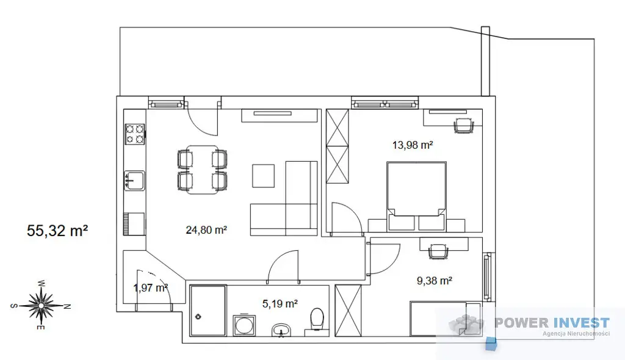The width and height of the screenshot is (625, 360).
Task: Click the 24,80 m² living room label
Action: click(206, 230)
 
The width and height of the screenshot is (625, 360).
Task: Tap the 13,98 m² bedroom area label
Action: click(413, 145)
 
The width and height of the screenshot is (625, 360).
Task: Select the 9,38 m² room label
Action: click(434, 281)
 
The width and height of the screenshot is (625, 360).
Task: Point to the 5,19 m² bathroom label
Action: click(280, 304)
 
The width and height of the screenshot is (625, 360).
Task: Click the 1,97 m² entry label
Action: click(150, 287)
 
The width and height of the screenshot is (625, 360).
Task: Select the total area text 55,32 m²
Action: click(57, 231)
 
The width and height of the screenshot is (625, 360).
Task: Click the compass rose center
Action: click(41, 305)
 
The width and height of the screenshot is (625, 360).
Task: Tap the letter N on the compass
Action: click(67, 306)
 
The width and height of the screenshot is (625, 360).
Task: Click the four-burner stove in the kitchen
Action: click(135, 134)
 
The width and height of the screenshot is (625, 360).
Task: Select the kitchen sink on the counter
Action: click(134, 181)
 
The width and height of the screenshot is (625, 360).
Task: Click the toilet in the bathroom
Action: click(317, 319)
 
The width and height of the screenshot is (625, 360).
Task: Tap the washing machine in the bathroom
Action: click(244, 325)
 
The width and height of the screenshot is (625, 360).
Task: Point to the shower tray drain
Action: click(198, 317)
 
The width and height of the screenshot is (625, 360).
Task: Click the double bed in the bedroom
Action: click(416, 196)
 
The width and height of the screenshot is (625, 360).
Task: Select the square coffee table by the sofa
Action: click(263, 176)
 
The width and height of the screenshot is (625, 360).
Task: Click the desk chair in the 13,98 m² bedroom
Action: click(464, 126)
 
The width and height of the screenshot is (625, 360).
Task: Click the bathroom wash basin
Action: click(283, 329)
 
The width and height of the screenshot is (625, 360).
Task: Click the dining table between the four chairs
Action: click(203, 170)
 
